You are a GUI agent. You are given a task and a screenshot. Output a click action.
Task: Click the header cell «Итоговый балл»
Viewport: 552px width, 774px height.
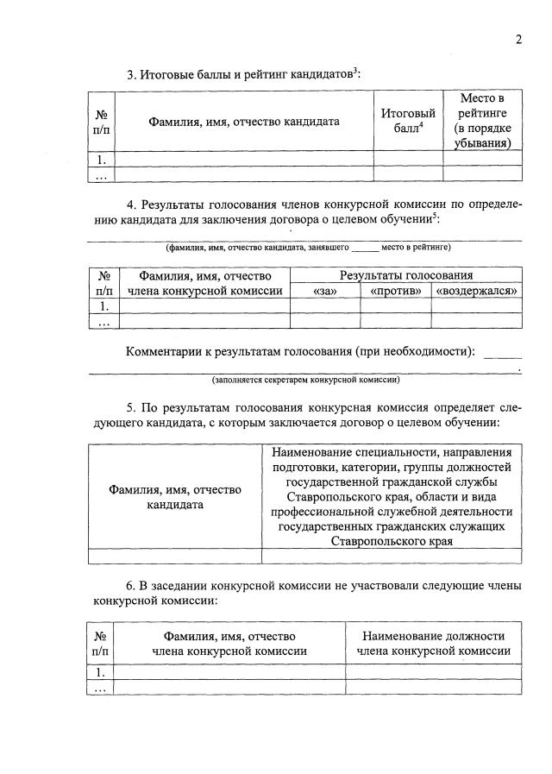tap(407, 121)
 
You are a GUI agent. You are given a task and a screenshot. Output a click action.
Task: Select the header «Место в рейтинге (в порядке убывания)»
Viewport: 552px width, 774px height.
tap(482, 121)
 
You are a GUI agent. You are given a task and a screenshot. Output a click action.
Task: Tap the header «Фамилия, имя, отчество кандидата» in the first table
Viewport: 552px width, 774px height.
tap(243, 122)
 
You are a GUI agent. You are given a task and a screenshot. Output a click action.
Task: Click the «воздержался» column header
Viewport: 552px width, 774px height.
tap(477, 291)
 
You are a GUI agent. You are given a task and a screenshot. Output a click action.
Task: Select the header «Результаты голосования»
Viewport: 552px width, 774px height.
tap(405, 275)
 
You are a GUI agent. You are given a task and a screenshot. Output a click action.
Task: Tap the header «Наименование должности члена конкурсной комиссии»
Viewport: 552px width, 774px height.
tap(434, 644)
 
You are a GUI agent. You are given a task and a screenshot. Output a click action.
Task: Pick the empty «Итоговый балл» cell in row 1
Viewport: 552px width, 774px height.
tap(407, 159)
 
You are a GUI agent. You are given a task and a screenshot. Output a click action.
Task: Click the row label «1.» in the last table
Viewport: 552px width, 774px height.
tap(102, 671)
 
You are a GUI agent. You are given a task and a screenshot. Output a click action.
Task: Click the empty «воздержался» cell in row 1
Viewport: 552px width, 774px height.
tap(477, 305)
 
